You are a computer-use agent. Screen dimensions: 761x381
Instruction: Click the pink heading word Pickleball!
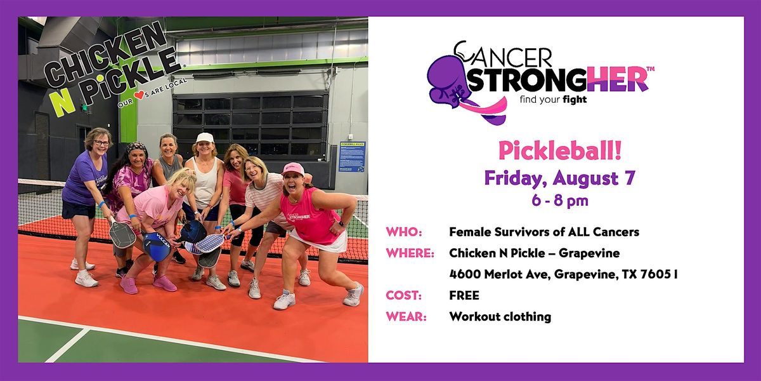tap(560, 150)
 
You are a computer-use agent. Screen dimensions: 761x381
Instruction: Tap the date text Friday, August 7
tap(560, 178)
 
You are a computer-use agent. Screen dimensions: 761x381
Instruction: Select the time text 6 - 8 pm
tap(560, 201)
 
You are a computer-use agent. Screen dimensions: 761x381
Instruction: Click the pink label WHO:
tap(404, 232)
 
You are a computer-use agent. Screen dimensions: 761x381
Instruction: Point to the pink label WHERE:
tap(410, 253)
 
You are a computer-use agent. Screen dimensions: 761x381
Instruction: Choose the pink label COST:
tap(403, 295)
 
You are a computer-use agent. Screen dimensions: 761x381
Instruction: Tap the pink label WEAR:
tap(406, 317)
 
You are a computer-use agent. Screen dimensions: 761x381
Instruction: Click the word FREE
tap(464, 295)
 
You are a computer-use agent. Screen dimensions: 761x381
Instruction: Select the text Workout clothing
tap(500, 317)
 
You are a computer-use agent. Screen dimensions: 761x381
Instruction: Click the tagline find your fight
tap(553, 100)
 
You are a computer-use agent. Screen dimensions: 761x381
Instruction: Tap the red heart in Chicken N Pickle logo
tap(140, 95)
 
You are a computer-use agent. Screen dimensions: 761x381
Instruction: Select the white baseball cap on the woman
tap(205, 137)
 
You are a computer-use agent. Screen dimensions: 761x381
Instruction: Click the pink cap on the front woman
tap(292, 169)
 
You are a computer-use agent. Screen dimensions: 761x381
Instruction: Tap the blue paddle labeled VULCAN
tap(157, 246)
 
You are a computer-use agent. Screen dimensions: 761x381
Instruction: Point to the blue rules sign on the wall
tap(353, 156)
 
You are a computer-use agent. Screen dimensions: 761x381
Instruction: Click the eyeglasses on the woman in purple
tap(102, 144)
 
